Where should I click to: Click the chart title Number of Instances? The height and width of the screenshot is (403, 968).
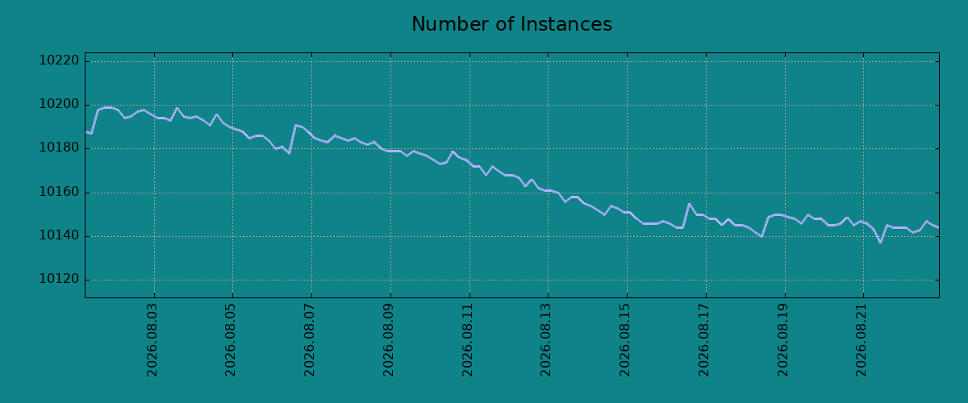511,24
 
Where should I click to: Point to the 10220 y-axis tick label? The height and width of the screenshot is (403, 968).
59,60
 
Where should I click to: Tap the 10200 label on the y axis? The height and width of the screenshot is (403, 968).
59,105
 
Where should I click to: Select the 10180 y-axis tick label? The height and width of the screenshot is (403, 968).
59,148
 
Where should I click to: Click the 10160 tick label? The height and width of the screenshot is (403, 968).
59,192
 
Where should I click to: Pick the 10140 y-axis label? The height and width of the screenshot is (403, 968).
59,236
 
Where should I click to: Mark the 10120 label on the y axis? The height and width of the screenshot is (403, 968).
59,280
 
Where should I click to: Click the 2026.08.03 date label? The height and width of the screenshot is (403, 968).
152,340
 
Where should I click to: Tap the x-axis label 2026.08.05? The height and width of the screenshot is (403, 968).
231,340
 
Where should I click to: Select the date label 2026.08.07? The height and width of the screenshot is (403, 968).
310,340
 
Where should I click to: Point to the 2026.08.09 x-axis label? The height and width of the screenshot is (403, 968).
389,340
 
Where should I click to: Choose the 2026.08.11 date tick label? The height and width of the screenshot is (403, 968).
468,340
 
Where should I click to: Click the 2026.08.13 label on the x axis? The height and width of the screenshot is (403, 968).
546,340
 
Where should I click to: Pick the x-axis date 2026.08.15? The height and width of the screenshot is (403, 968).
625,340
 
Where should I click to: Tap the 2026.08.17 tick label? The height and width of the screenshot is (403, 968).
704,340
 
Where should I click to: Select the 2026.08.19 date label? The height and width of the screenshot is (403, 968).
783,340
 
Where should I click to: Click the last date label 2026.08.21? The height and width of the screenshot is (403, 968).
862,340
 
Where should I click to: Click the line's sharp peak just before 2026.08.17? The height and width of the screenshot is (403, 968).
689,204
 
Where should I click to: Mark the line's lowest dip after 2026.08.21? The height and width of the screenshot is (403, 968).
880,243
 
